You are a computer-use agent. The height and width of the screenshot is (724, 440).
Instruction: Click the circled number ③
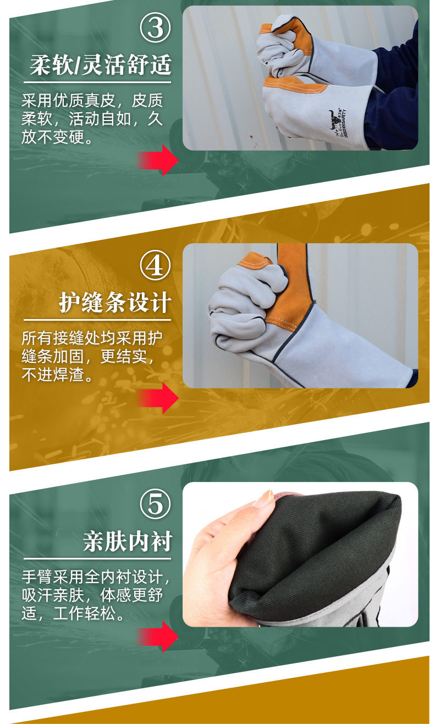[155, 28]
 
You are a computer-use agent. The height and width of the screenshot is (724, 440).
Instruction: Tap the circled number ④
[155, 266]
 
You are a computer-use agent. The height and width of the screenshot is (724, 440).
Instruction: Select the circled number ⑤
[155, 504]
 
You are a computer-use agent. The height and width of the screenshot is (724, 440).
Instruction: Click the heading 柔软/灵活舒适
[101, 65]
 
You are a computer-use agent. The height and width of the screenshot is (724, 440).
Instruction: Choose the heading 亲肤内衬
[128, 541]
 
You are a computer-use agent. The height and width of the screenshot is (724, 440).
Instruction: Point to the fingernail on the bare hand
[264, 498]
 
